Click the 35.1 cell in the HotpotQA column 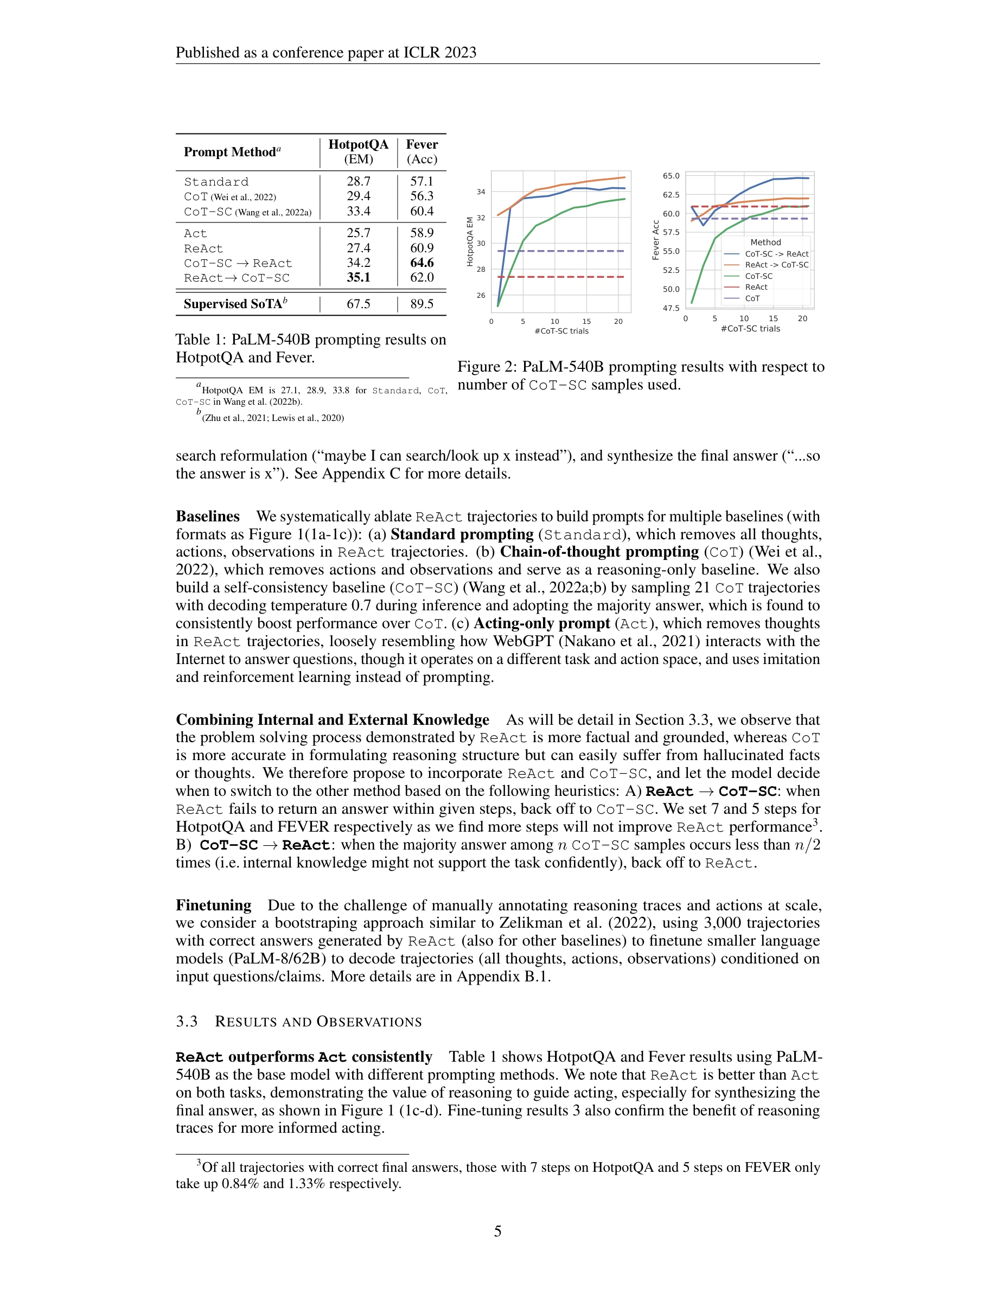358,278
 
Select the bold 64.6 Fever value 422,263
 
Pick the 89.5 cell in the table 422,304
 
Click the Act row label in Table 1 195,234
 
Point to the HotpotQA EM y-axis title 470,242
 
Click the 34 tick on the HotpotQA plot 481,192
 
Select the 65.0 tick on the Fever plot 671,176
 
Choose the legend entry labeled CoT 752,298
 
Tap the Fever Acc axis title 655,240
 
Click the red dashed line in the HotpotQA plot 560,277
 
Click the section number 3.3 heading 187,1022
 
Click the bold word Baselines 208,516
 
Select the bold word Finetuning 214,905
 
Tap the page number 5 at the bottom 497,1231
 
